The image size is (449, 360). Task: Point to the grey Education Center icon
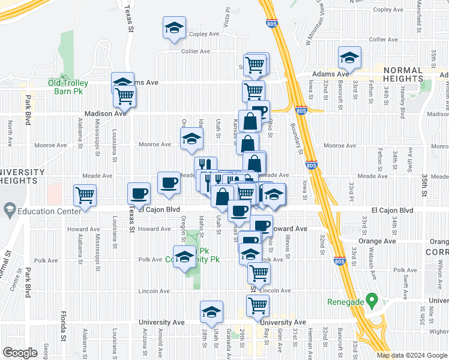point(10,211)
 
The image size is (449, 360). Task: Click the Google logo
point(20,353)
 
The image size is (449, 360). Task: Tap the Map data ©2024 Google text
point(412,355)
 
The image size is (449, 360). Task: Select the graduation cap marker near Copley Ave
point(174,28)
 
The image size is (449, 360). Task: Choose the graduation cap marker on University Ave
point(211,312)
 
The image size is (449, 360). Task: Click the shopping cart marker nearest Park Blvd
point(85,194)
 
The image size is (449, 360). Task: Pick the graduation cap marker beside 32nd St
point(349,58)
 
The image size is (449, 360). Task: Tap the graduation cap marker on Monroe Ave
point(191,139)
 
